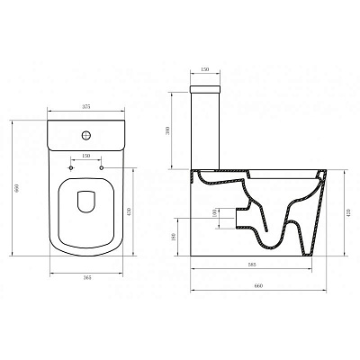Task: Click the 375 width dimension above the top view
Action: [85, 107]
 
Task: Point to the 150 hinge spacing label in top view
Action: [86, 156]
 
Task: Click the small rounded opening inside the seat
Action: [86, 202]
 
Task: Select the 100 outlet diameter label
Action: [213, 213]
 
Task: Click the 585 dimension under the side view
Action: [255, 265]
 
